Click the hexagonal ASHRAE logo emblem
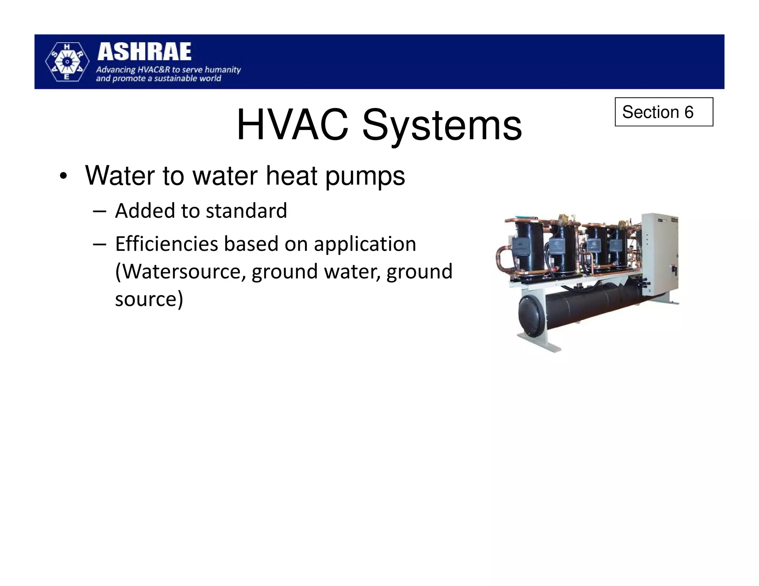(67, 62)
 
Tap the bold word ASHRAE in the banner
(145, 52)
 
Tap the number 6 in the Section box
(689, 112)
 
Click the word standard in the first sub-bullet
(246, 211)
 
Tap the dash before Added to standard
(100, 212)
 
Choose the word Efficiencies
(166, 244)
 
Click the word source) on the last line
(149, 299)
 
